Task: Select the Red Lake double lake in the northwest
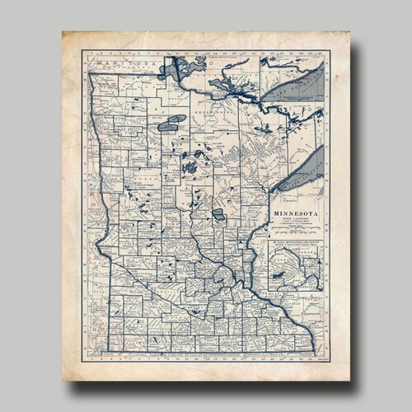pos(171,124)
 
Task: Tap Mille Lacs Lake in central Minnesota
pos(218,214)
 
